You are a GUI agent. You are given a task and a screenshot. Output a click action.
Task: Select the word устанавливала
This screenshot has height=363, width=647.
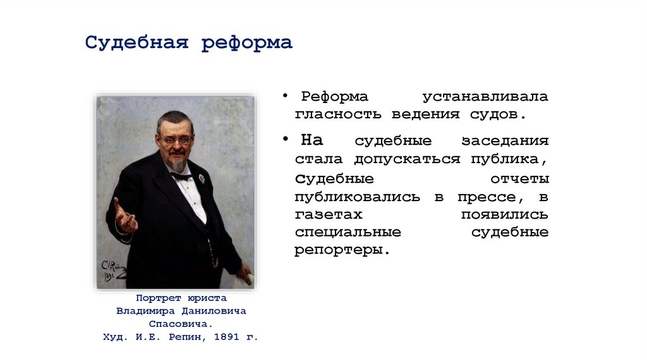coord(485,97)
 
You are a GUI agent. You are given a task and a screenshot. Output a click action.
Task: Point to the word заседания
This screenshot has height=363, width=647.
coord(505,140)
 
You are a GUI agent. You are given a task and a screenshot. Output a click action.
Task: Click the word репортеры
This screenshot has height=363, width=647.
coord(339,250)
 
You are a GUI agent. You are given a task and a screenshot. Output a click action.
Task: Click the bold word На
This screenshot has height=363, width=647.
coord(311,140)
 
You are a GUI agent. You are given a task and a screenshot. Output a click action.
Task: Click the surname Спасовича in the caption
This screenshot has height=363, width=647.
coord(181,324)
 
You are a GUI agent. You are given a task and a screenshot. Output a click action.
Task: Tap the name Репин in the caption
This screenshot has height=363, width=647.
coord(187,338)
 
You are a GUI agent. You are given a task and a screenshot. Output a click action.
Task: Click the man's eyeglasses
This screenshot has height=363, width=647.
coord(176,140)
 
